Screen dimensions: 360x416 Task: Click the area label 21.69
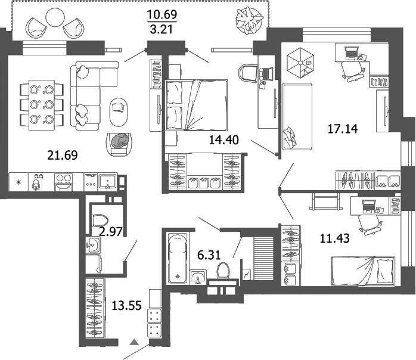click(x=63, y=156)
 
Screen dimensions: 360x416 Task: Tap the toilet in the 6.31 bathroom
click(x=223, y=270)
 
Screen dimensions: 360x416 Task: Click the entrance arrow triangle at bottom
click(x=134, y=342)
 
